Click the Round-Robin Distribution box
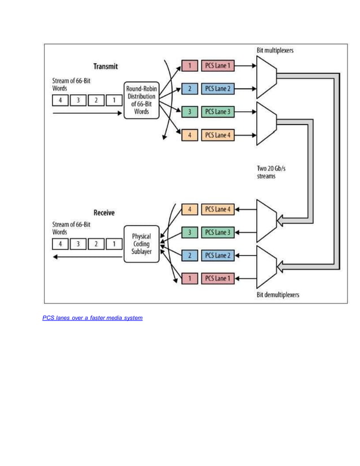(141, 100)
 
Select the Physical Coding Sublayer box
(141, 244)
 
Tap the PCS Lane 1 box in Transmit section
(217, 66)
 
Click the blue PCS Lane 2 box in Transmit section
(217, 89)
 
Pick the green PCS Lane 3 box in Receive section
(217, 232)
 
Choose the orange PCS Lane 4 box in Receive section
(217, 209)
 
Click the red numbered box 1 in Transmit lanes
(190, 66)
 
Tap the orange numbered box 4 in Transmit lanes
(190, 135)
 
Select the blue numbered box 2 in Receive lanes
(190, 256)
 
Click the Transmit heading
(106, 67)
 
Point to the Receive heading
(104, 213)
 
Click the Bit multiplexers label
(275, 50)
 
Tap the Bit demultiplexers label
(278, 294)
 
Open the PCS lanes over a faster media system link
(93, 318)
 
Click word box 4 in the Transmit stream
(60, 100)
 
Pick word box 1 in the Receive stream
(114, 244)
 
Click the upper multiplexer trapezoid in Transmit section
(266, 77)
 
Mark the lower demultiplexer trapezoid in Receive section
(266, 266)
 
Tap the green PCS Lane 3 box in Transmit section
(217, 112)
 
